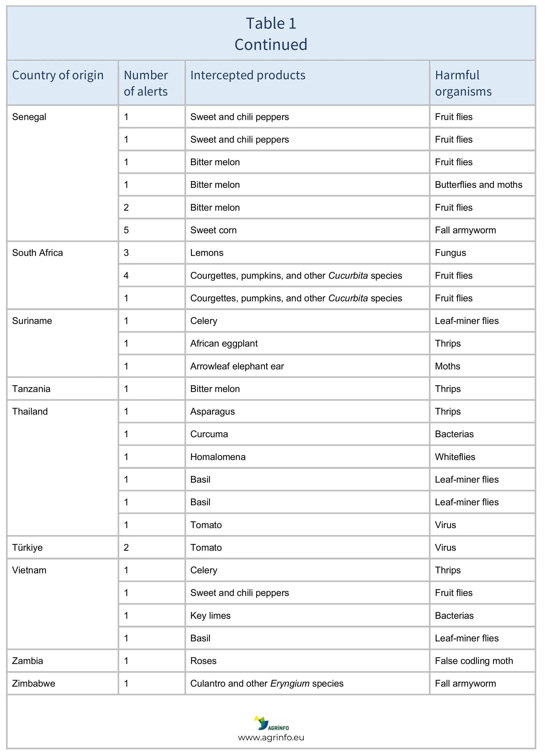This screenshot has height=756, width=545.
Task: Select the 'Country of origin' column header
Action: pos(58,75)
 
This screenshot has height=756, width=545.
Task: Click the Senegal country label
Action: pos(29,117)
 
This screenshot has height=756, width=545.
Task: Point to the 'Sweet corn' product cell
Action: pos(213,230)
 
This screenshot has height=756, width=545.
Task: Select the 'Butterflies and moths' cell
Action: pos(478,185)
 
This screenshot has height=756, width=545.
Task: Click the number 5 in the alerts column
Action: pos(126,230)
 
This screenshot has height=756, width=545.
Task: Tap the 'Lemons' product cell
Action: pos(207,253)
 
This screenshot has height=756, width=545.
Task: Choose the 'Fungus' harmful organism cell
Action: pos(450,253)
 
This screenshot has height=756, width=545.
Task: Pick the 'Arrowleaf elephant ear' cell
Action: pos(237,366)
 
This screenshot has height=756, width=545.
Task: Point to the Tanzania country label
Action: pos(31,389)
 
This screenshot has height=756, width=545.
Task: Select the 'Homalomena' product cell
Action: pos(218,457)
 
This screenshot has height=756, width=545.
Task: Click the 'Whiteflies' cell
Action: pos(455,457)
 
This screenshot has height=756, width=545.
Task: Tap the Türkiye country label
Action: pos(27,548)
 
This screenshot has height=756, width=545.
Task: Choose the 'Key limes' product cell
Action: pos(210,616)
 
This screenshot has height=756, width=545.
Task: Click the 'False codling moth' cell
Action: pos(474,661)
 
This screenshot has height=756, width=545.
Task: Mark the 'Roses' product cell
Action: pos(204,661)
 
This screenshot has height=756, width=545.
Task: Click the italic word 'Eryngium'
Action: pos(290,684)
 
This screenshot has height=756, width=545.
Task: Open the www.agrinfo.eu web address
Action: pos(271,738)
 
